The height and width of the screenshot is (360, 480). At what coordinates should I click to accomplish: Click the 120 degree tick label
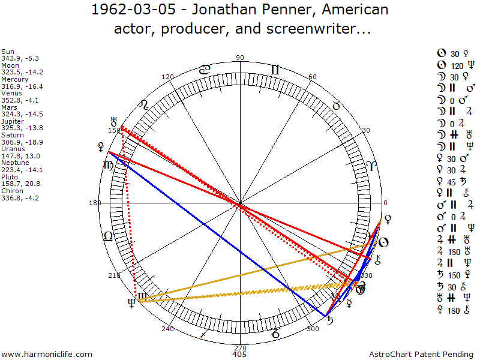168,77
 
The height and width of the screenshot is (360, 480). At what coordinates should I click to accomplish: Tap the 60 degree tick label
312,77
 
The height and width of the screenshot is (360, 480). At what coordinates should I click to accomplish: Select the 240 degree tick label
167,328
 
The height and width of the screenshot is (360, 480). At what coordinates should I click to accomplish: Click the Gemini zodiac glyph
275,70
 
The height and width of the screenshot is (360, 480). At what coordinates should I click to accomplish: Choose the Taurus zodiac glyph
336,106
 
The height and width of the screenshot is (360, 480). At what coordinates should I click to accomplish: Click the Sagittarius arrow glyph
205,332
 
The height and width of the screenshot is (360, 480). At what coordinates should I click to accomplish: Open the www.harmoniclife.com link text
47,354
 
